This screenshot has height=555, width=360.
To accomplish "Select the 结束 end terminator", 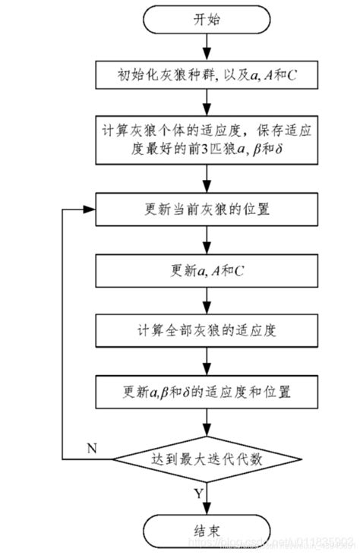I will (205, 528).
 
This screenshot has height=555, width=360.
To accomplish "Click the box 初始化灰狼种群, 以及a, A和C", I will (205, 75).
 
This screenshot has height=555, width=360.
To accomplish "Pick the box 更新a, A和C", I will (205, 270).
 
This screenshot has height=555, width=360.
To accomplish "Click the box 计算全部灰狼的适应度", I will (205, 330).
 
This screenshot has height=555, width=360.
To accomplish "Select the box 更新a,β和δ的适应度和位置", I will (205, 393).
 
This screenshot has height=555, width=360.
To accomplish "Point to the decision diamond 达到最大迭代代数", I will (205, 459).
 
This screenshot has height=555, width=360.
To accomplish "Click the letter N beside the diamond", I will (92, 448).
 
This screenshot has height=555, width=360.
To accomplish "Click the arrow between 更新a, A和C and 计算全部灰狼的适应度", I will (205, 300).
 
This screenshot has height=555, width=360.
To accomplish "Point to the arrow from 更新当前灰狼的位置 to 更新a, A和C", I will (205, 240).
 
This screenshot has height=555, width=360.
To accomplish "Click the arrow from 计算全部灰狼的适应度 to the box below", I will (205, 361).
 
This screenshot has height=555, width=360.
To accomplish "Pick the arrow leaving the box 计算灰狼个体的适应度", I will (205, 176).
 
